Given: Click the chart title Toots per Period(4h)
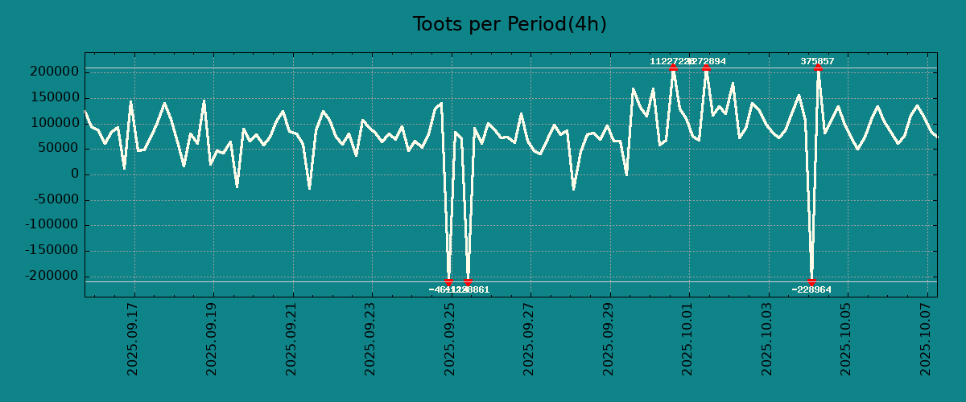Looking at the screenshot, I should [510, 24].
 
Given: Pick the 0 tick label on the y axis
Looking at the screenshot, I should [74, 174].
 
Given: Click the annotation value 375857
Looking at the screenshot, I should [817, 61].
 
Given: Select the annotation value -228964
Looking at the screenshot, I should [811, 289].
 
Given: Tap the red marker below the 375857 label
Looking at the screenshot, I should [818, 68].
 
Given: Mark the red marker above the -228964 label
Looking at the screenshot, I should [811, 281].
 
